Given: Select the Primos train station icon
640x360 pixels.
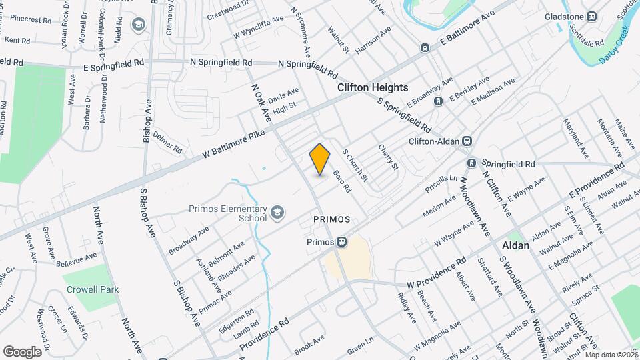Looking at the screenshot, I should [x=341, y=241].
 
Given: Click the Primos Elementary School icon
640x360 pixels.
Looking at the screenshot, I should [x=276, y=213].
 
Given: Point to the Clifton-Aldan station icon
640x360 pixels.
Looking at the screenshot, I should [x=467, y=141].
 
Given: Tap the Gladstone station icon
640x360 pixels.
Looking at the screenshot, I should [x=591, y=16].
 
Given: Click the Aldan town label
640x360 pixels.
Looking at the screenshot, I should [x=515, y=245].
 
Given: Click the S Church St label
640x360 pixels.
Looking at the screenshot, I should [x=355, y=163].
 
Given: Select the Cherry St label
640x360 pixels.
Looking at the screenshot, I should [x=387, y=157].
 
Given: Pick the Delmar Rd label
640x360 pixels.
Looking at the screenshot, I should [x=167, y=141].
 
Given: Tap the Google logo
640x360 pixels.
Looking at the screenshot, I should [x=22, y=351].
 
